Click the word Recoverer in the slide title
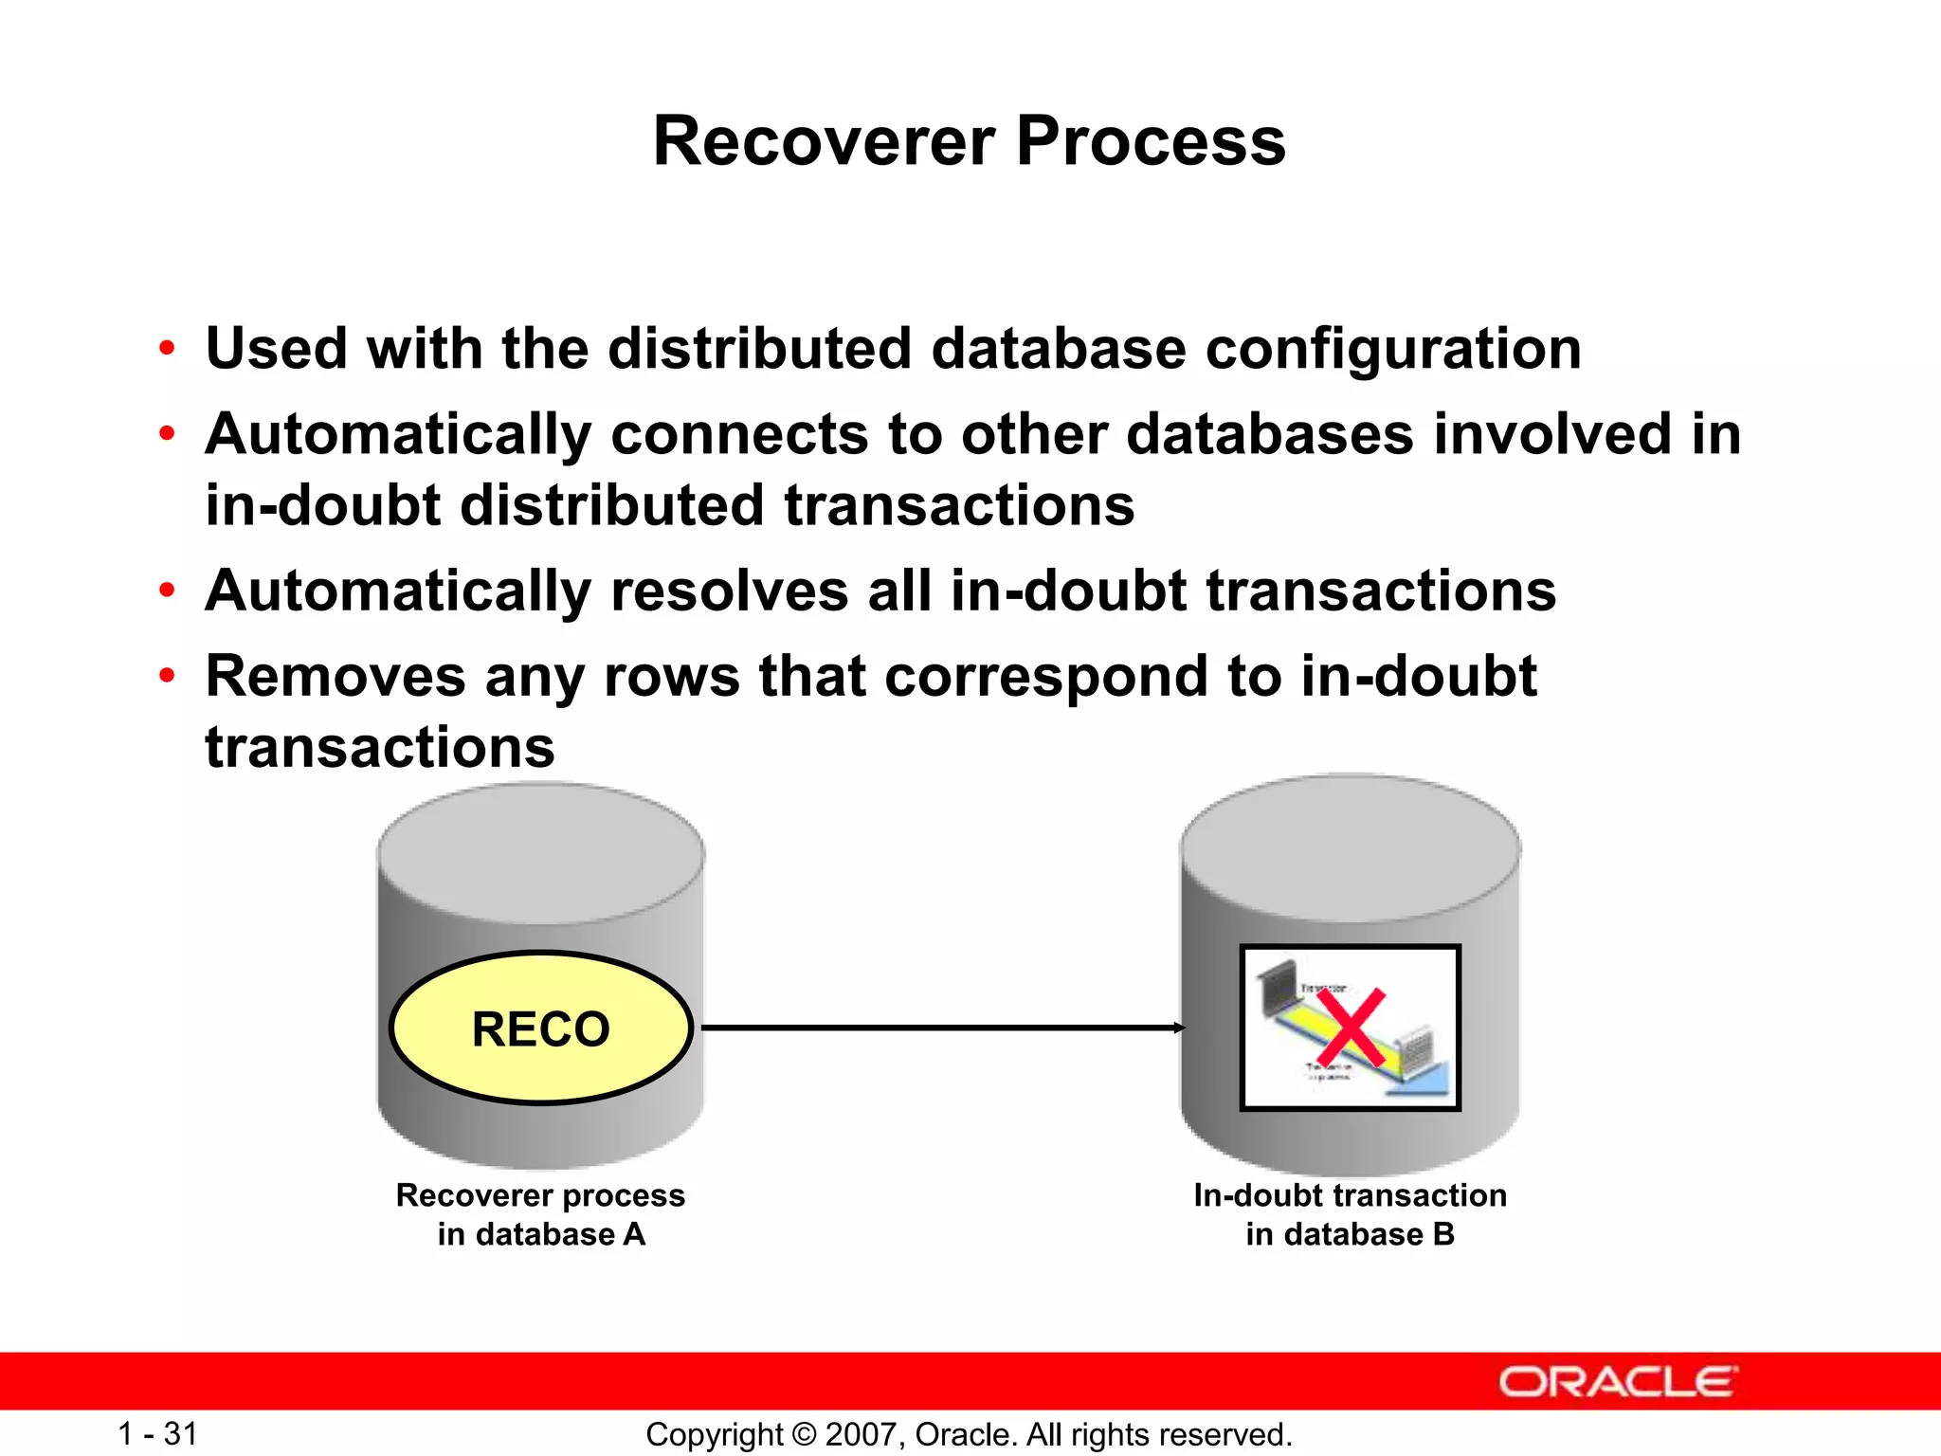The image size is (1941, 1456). point(824,141)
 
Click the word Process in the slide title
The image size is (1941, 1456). point(1151,141)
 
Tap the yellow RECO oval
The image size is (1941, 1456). point(541,1028)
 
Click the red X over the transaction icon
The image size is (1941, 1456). point(1351,1029)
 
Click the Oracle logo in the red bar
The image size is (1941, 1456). point(1618,1382)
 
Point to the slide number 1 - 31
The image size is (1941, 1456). point(157,1433)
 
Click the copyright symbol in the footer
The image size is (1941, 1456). point(804,1434)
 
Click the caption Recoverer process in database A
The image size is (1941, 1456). point(540,1214)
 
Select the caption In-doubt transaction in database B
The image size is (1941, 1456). point(1350,1214)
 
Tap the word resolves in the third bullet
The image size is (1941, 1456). point(729,591)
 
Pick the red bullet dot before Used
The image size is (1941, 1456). point(167,349)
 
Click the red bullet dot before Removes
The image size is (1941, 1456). point(167,677)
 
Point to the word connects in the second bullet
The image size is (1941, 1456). point(739,435)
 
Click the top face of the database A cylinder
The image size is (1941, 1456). point(541,852)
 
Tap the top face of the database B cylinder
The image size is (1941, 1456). point(1350,846)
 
